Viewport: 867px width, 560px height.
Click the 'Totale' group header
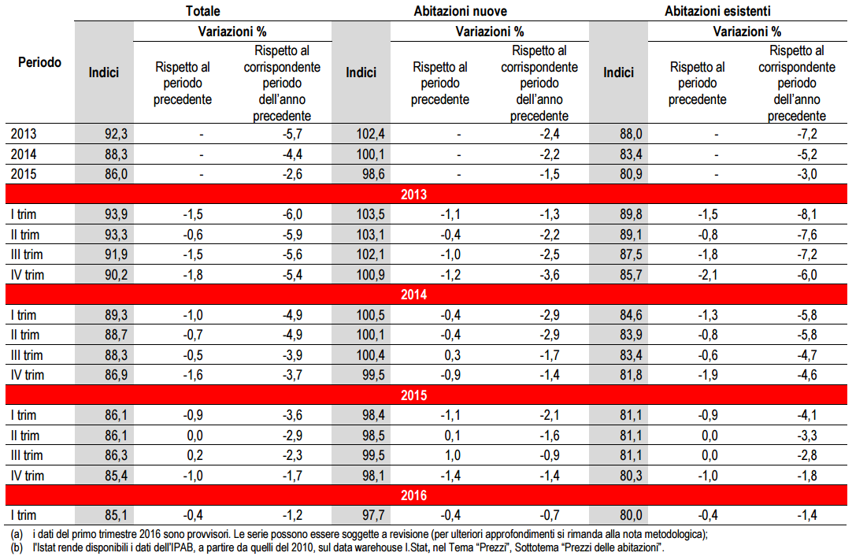(202, 11)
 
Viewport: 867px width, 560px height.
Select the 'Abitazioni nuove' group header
(460, 11)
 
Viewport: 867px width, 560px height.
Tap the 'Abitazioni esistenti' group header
(717, 11)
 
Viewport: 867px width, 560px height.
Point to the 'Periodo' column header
(39, 63)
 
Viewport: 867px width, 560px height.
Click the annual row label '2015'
(24, 174)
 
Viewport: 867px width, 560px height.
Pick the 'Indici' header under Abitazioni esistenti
(618, 72)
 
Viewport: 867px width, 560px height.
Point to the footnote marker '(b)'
(16, 547)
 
